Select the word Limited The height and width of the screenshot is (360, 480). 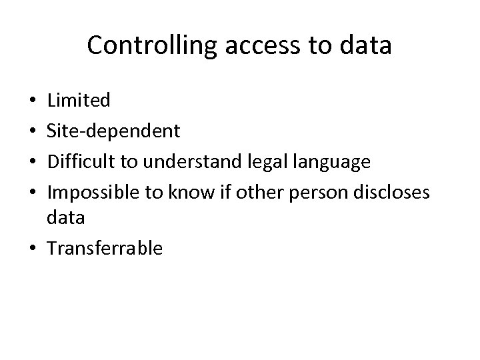(79, 101)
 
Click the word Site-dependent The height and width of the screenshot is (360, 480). (113, 131)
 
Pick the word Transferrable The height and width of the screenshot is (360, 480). (105, 249)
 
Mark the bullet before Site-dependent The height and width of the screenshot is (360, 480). (33, 131)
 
